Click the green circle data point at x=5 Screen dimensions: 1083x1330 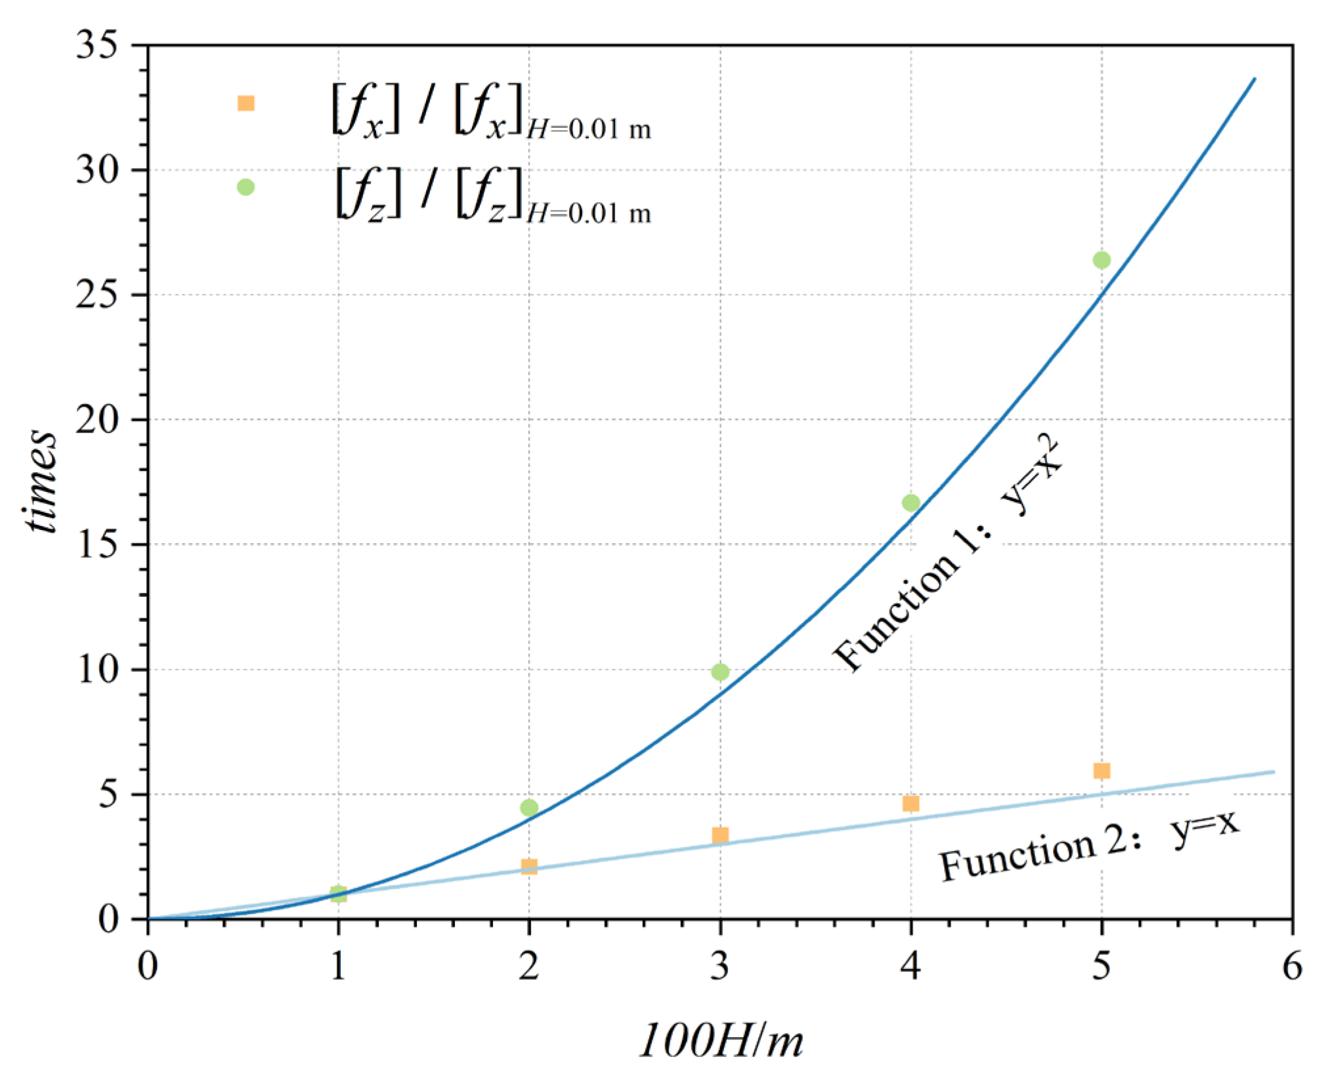1101,260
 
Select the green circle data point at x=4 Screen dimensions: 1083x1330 911,502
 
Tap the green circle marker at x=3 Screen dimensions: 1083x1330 720,672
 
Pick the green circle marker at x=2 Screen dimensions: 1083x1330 529,807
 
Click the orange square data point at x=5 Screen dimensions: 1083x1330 1102,771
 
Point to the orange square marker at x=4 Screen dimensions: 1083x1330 911,804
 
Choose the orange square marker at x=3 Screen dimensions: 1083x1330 720,835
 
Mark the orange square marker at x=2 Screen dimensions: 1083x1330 529,867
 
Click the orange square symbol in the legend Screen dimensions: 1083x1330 246,103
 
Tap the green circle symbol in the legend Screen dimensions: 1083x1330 246,187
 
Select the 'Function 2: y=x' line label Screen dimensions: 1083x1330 1088,847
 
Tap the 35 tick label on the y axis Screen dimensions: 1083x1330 97,45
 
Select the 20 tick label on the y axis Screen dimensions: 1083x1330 97,419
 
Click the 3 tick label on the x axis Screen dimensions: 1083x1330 720,967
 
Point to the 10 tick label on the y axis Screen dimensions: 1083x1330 97,670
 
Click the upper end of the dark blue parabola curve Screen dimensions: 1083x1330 1254,80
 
